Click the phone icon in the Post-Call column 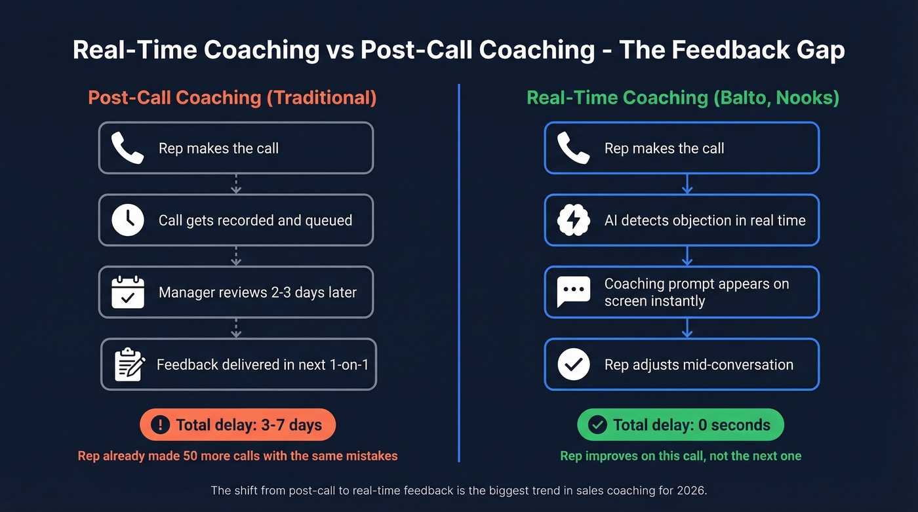[x=127, y=148]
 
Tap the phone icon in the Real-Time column [x=572, y=148]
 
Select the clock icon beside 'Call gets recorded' [x=127, y=220]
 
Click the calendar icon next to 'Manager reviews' [x=127, y=292]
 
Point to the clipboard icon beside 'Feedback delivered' [x=129, y=364]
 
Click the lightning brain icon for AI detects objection [x=573, y=220]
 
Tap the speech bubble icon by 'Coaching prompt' [x=573, y=292]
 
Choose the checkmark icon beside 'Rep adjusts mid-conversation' [x=573, y=364]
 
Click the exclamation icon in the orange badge [x=160, y=425]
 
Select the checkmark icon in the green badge [x=597, y=425]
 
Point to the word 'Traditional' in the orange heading [x=321, y=98]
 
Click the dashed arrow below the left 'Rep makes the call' [x=236, y=184]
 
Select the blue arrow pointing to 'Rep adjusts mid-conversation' [x=687, y=328]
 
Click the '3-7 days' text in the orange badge [x=289, y=425]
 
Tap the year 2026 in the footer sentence [x=692, y=490]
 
